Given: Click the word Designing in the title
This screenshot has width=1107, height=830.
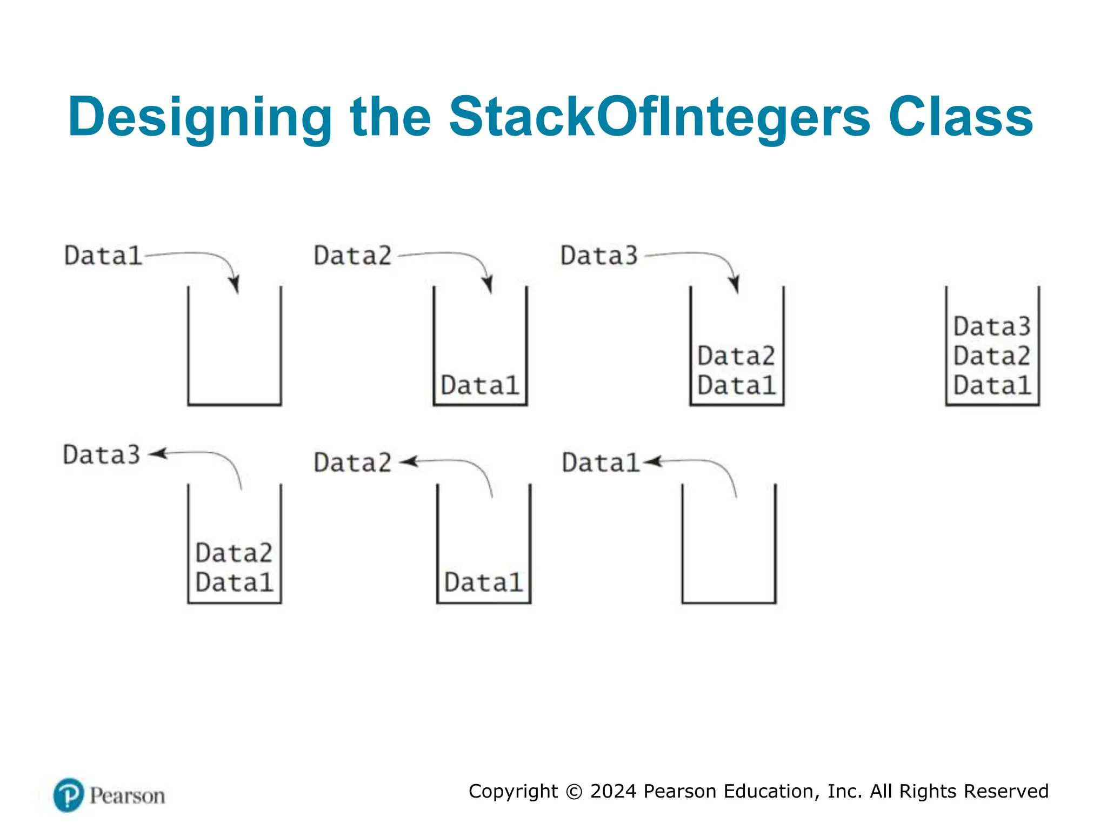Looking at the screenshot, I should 200,117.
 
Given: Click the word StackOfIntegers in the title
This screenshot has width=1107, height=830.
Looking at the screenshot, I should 659,117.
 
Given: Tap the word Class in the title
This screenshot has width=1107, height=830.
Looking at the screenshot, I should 961,117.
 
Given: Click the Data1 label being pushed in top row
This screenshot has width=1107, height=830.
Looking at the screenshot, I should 103,256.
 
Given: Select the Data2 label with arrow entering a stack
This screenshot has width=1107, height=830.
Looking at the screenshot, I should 352,256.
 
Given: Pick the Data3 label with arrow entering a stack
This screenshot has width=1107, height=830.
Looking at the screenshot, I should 599,256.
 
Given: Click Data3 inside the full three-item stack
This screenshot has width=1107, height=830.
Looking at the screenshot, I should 992,327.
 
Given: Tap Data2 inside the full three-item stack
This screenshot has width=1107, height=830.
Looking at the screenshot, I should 992,356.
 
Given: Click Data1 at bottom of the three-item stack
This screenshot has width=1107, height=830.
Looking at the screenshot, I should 992,386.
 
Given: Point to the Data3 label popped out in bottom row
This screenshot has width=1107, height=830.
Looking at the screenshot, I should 102,454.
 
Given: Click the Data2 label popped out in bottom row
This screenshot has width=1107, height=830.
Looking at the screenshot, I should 352,463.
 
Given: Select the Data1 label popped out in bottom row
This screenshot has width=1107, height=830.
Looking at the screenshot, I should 600,463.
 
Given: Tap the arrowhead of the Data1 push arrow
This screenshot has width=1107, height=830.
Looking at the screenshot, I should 235,284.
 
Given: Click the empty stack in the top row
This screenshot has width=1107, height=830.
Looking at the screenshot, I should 235,346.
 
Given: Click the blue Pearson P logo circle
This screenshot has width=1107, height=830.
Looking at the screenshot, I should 69,795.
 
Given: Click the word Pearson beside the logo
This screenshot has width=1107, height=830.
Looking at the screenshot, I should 127,796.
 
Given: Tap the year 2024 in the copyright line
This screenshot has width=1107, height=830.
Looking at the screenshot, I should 613,791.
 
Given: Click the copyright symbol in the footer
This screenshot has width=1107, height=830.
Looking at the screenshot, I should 574,792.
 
